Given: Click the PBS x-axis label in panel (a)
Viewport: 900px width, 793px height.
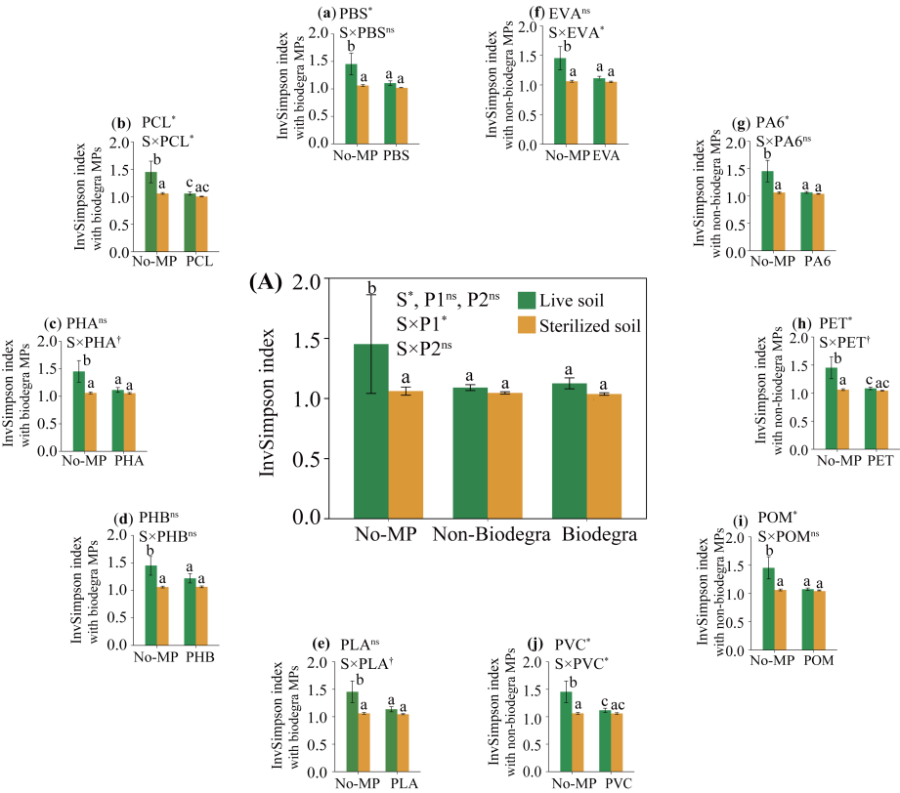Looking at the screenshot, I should tap(396, 156).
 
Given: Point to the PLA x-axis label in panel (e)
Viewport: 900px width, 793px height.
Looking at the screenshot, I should tap(403, 783).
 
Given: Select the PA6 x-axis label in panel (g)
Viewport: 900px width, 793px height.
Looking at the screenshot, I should tap(819, 263).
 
